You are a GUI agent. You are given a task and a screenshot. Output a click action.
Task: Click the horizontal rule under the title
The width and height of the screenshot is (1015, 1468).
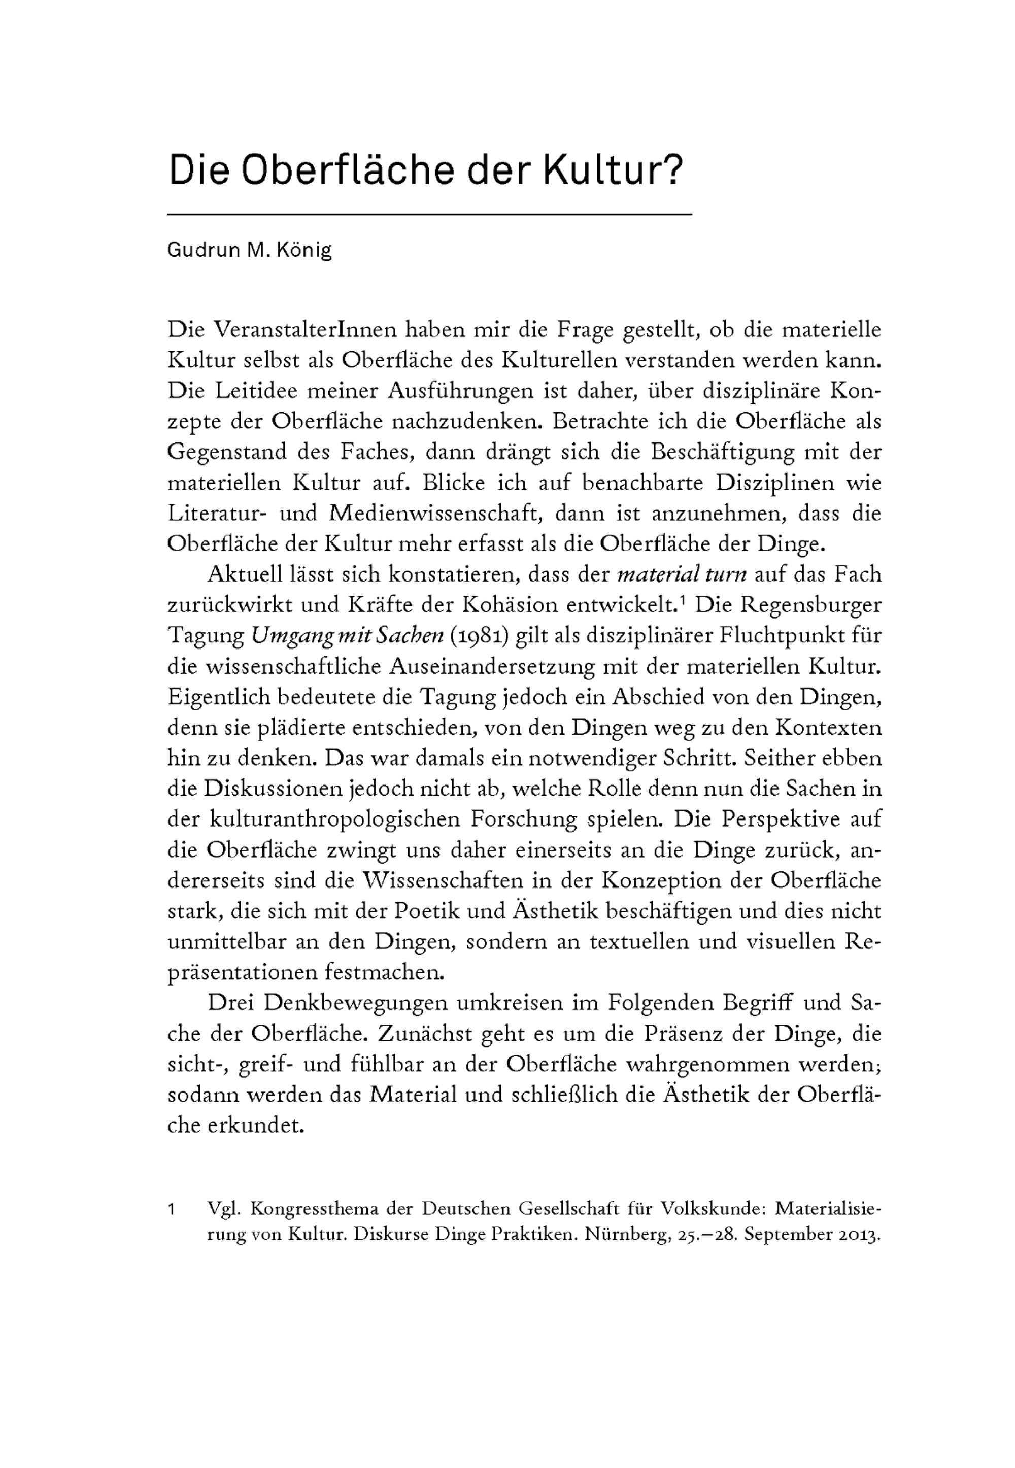[429, 215]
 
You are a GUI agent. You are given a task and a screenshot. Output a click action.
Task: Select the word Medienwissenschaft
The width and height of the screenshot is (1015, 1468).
[436, 513]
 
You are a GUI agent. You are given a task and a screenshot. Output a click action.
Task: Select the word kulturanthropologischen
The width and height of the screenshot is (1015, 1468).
[334, 819]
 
